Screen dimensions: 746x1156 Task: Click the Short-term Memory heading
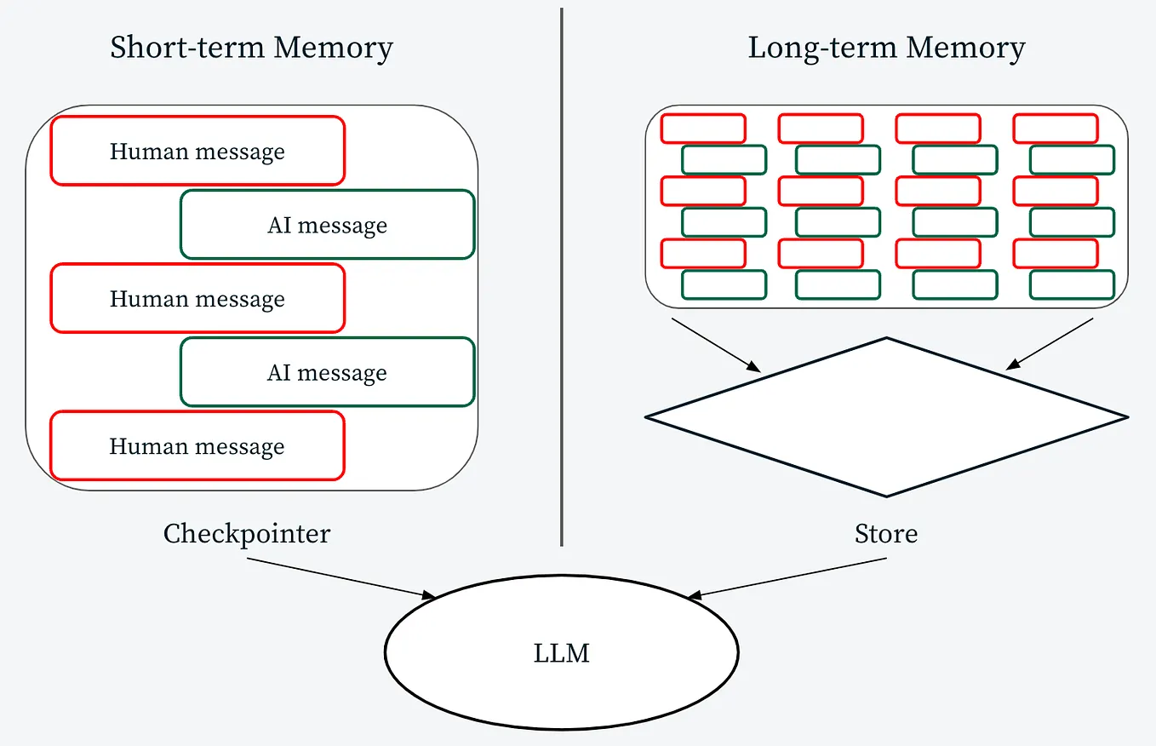click(x=251, y=48)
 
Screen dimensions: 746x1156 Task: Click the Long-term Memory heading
click(x=886, y=48)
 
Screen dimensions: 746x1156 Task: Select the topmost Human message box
click(x=197, y=151)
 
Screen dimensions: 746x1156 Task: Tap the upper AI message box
click(x=327, y=224)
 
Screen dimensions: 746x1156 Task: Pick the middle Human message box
click(x=197, y=298)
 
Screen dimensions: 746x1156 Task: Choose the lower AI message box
click(x=327, y=372)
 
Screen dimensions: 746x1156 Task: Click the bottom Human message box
click(x=197, y=446)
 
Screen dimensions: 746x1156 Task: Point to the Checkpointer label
click(x=247, y=534)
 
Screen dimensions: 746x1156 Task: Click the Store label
click(x=886, y=534)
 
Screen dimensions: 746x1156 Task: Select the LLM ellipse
click(x=561, y=653)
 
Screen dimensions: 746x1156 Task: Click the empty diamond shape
click(x=886, y=417)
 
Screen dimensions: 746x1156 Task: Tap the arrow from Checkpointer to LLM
click(x=341, y=577)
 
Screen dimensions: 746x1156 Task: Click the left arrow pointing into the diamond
click(x=715, y=345)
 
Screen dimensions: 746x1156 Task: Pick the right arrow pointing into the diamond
click(x=1050, y=344)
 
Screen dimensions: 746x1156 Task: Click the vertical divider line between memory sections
click(x=562, y=277)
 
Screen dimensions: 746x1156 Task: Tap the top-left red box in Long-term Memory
click(x=703, y=129)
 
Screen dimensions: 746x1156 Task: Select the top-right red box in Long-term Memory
click(x=1055, y=129)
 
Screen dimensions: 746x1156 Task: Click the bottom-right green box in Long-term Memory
click(x=1072, y=285)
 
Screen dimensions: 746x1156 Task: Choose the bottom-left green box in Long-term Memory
click(x=724, y=285)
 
